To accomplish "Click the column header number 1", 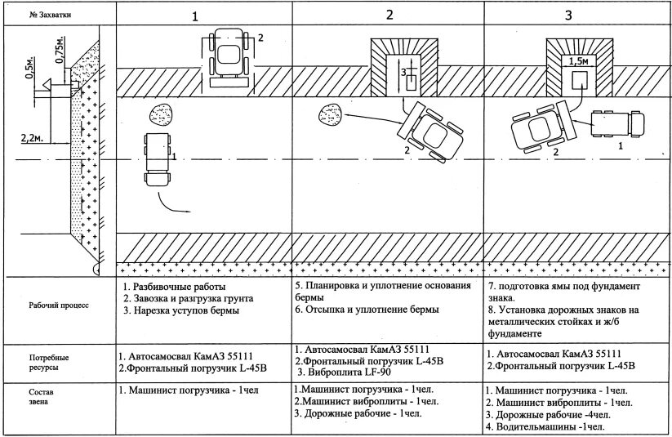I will pyautogui.click(x=194, y=16).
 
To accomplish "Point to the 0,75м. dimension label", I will pyautogui.click(x=58, y=50).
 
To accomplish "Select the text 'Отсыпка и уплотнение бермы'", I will pyautogui.click(x=372, y=310).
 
